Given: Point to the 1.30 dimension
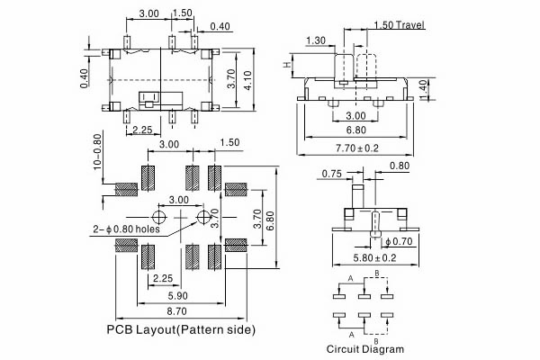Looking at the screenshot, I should point(316,40).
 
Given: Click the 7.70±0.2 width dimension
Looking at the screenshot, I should point(357,147).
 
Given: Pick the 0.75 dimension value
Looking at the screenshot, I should point(330,174).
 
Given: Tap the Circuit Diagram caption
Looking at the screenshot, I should point(364,348).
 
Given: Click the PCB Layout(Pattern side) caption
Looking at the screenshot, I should point(181,329).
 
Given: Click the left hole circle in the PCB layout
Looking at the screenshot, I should point(159,217).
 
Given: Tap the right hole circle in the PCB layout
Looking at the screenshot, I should point(204,217).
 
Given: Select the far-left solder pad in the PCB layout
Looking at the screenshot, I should point(127,189).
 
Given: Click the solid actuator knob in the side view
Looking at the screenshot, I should point(344,68).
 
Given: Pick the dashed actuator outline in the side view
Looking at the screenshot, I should point(367,68).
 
